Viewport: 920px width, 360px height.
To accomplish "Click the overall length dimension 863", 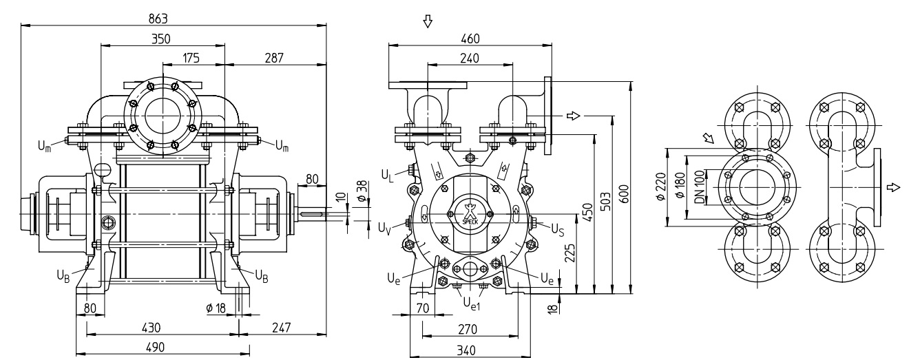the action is click(158, 19).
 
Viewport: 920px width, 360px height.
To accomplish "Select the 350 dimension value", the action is click(161, 39).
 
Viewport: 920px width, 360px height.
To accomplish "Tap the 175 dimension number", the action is click(191, 58).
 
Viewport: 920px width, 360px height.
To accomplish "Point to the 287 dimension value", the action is click(274, 58).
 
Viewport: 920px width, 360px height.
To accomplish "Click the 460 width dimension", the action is click(470, 39).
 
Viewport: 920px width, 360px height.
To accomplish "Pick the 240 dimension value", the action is click(470, 59).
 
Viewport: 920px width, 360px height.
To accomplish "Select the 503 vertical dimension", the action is click(605, 201).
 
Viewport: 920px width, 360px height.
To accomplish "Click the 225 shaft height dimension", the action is click(569, 253).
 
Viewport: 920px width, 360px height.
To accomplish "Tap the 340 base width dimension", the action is click(466, 350).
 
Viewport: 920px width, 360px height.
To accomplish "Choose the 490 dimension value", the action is click(155, 348).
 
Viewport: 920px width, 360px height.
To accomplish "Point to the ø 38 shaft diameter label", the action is click(362, 191).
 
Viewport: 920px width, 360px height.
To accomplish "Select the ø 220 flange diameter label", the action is click(660, 187).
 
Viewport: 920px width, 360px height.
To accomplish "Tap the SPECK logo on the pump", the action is click(469, 213).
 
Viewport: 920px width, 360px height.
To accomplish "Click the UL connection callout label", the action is click(387, 176).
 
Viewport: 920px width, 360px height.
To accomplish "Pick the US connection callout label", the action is click(557, 229).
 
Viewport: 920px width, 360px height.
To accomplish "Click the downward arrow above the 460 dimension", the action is click(428, 21).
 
